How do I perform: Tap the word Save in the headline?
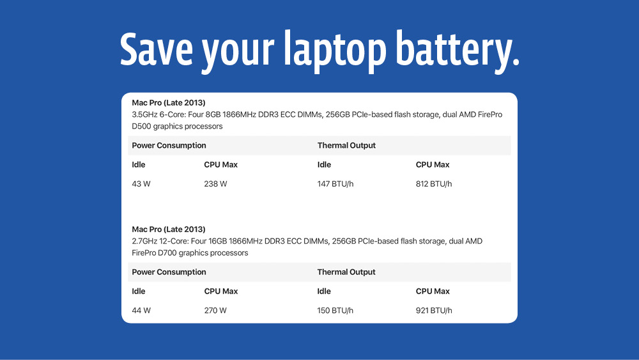(156, 49)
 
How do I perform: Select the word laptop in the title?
(335, 51)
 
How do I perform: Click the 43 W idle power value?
(141, 184)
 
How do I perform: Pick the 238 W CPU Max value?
(215, 184)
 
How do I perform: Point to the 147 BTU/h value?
(335, 184)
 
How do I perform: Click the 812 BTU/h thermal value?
(434, 184)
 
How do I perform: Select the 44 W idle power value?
(141, 310)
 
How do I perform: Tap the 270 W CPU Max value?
(215, 310)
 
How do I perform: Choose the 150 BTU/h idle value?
(335, 310)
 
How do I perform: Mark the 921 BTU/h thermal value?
(434, 310)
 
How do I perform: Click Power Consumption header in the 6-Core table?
(169, 146)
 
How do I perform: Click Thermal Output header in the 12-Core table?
(346, 272)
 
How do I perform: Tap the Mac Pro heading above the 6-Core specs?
(168, 103)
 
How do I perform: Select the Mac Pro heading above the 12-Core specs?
(168, 229)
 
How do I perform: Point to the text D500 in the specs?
(141, 127)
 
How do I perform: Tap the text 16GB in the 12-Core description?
(217, 241)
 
